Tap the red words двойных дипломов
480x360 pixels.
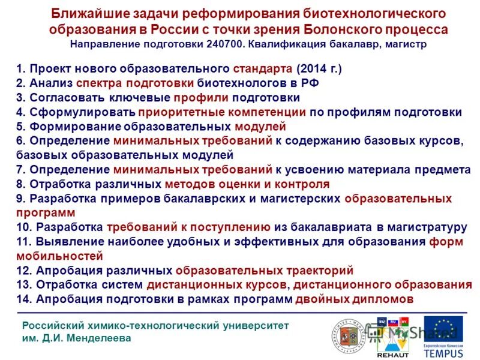pyautogui.click(x=354, y=299)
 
